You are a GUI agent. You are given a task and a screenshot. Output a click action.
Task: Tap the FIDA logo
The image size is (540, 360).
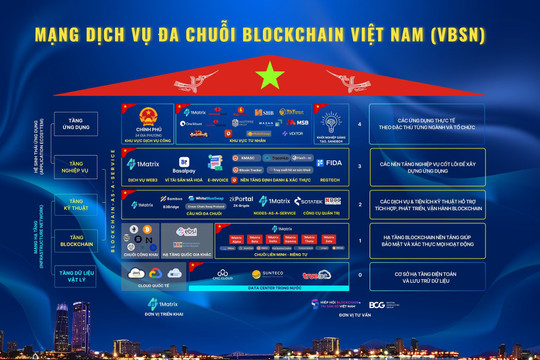pyautogui.click(x=333, y=161)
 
